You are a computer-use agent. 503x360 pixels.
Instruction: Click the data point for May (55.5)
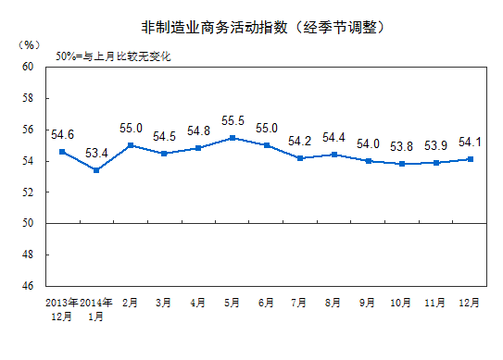[232, 138]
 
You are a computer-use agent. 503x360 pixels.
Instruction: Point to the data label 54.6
[63, 134]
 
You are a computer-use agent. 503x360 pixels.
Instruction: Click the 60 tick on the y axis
[27, 68]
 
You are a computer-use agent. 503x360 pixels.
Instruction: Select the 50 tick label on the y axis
[27, 223]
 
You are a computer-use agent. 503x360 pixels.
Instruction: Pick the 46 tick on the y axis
[27, 286]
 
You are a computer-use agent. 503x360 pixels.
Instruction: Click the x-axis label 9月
[366, 303]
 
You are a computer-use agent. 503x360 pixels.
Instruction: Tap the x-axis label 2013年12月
[63, 309]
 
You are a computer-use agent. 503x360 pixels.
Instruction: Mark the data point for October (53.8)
[400, 164]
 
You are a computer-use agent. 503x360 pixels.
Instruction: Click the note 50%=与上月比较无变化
[113, 56]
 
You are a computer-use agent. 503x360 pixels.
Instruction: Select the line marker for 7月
[299, 158]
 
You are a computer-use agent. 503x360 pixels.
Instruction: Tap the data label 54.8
[198, 130]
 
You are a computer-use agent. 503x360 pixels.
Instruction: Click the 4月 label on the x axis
[198, 303]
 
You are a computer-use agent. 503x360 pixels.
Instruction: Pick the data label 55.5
[233, 120]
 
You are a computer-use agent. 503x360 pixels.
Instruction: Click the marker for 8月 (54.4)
[333, 155]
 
